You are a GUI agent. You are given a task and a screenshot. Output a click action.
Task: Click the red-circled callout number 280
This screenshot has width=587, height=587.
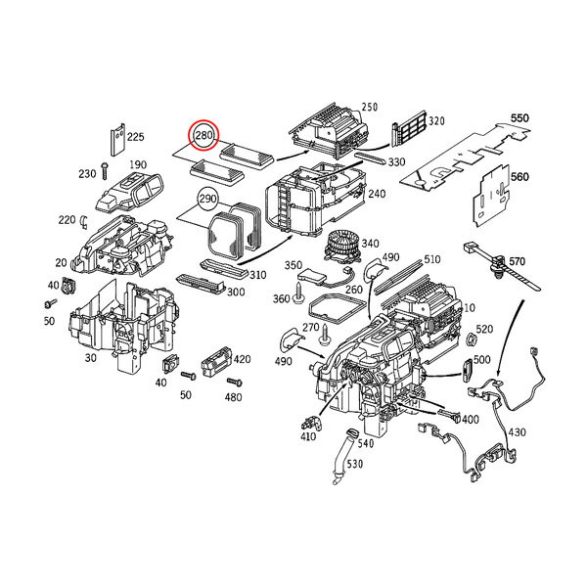pos(204,135)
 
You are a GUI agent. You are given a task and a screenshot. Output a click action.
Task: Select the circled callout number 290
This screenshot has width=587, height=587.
pos(207,199)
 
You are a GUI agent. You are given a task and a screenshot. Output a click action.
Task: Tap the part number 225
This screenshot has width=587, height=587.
pos(136,137)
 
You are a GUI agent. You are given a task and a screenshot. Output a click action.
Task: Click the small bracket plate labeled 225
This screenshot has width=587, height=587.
pos(117,139)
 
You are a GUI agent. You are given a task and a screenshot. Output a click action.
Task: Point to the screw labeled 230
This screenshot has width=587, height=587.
pos(104,171)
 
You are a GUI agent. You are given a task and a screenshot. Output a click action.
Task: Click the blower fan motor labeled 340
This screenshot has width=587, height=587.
pos(341,248)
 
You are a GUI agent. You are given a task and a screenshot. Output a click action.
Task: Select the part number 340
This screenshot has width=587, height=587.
pos(370,244)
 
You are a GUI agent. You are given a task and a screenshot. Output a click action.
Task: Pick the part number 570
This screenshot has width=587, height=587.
pos(517,261)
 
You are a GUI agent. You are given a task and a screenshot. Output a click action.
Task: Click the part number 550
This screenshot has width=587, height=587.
pos(520,118)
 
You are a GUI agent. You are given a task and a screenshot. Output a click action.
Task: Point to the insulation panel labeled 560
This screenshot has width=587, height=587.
pos(492,196)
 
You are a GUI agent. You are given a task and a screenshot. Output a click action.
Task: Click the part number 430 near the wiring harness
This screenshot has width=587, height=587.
pos(518,432)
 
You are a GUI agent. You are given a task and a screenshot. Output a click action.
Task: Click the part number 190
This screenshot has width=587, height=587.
pos(138,164)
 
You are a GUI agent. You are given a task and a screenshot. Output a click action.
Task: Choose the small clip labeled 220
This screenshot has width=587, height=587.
pos(84,223)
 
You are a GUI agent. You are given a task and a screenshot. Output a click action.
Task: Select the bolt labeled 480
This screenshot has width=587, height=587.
pos(234,383)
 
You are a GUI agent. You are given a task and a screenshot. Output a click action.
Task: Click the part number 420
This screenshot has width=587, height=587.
pos(243,359)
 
